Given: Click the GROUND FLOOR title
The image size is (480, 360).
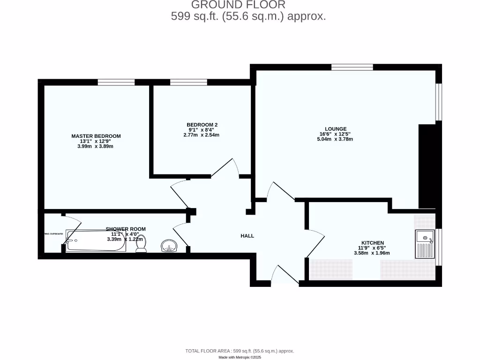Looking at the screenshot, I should coord(238,5).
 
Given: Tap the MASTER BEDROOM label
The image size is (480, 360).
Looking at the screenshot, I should coord(96,136).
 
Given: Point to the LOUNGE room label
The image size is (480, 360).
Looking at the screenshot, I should coord(336,129).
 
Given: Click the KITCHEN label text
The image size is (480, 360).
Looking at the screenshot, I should coord(373,243).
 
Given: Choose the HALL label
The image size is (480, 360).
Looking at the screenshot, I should coord(247,236).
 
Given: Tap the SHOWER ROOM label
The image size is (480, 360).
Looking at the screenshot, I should coord(126,229).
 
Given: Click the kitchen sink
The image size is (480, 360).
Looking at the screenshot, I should coord(424,244).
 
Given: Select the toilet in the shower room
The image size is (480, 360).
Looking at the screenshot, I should coord(142,244).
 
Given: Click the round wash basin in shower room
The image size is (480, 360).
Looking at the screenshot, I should coord(168,246).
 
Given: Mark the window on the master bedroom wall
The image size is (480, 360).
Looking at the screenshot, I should coord(116,82).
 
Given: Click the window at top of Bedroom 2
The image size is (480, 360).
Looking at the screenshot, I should coord(188,82).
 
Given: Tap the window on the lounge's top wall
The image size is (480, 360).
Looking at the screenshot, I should coord(352,67).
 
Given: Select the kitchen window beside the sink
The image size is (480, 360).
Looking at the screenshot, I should coord(438,247).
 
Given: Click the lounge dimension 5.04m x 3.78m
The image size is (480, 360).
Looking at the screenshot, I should coord(335,139).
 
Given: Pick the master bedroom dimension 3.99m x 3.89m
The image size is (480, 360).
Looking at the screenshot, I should coord(96,146).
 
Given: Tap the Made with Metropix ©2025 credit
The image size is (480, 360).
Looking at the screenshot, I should coord(240,357).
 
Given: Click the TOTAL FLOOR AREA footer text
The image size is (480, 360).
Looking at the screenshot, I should coord(240,351).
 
